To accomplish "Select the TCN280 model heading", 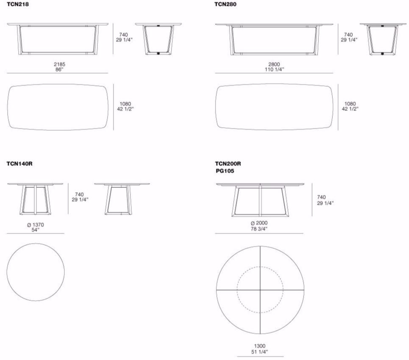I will tap(225, 4).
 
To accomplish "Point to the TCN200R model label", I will tap(228, 164).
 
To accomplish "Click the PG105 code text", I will tap(225, 171).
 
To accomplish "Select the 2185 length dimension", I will tap(60, 64).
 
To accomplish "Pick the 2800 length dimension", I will tap(274, 64).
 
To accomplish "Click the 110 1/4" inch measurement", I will tap(274, 69).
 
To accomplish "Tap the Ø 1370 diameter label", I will tap(35, 225).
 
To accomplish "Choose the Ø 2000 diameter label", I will tap(259, 223).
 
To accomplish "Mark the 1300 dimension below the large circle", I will tap(260, 346).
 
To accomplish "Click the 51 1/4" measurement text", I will tap(260, 352).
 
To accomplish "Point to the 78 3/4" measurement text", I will tap(259, 228).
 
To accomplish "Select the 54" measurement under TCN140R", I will tap(35, 230).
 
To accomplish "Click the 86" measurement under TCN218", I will tap(60, 69).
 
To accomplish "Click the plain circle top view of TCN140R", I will tap(36, 272).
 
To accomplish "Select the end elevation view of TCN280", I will tap(382, 40).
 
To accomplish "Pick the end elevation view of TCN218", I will tap(158, 40).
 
